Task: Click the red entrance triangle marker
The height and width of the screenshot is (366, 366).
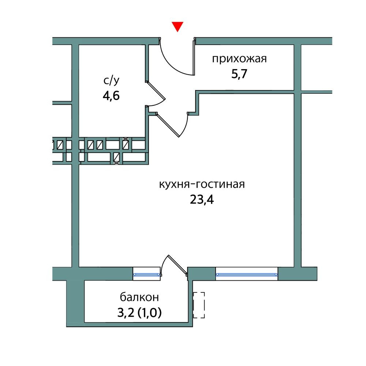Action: point(178,27)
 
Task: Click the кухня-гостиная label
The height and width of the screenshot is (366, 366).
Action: point(201,184)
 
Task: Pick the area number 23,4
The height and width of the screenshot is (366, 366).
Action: point(201,200)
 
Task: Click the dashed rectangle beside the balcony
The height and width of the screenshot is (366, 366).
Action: point(199,305)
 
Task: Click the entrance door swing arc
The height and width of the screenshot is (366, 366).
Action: point(175,62)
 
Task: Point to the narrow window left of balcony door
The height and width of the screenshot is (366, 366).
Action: point(146,274)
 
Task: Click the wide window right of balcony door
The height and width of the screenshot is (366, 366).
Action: point(247,274)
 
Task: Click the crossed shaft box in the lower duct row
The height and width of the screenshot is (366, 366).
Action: point(117,157)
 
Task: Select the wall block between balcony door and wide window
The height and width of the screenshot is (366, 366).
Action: point(201,274)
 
